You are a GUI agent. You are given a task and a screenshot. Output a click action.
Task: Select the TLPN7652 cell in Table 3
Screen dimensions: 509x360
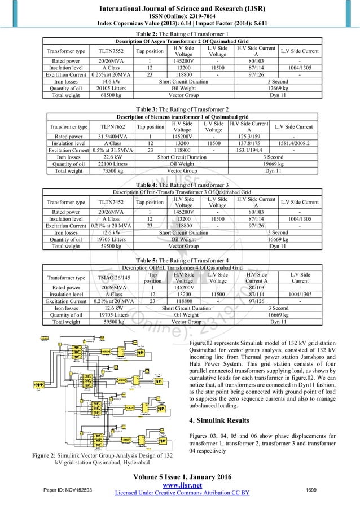click(108, 127)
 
